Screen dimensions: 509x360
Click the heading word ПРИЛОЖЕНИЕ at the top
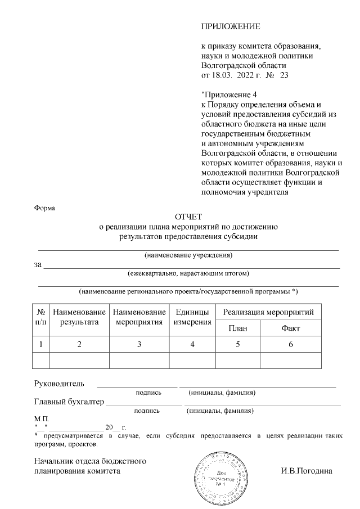pyautogui.click(x=231, y=26)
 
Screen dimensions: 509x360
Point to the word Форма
pyautogui.click(x=45, y=208)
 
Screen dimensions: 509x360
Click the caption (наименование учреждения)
pyautogui.click(x=188, y=256)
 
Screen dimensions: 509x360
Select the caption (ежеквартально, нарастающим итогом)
pyautogui.click(x=188, y=274)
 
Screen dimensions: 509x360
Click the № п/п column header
pyautogui.click(x=41, y=317)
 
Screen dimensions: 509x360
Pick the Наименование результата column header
pyautogui.click(x=79, y=317)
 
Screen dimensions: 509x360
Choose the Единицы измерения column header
pyautogui.click(x=192, y=317)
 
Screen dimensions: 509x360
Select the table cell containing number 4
pyautogui.click(x=192, y=344)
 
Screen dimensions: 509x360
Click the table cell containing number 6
pyautogui.click(x=290, y=344)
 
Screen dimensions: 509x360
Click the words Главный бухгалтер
pyautogui.click(x=69, y=402)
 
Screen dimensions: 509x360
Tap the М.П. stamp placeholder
pyautogui.click(x=42, y=419)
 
